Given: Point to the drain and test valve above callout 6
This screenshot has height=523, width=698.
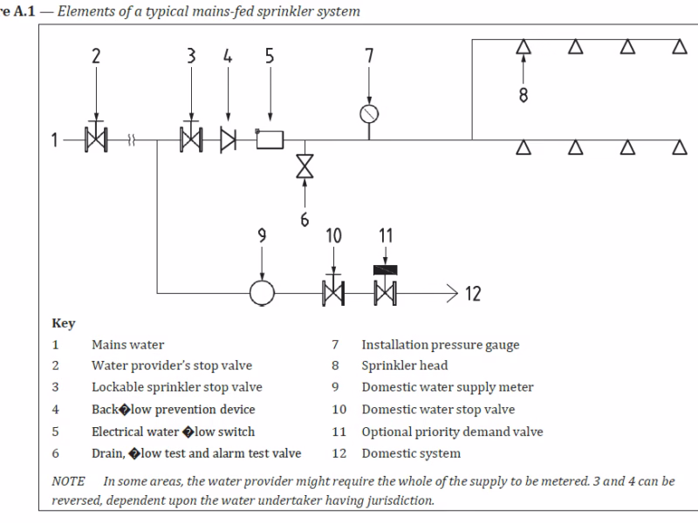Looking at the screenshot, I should click(x=305, y=166).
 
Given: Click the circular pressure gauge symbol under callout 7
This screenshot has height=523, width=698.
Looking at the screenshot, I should click(x=369, y=113).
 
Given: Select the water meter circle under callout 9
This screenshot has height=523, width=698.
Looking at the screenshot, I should click(x=262, y=292).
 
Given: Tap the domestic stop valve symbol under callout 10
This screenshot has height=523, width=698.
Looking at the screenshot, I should click(x=333, y=292).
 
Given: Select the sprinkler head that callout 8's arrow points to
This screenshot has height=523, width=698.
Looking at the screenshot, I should click(x=523, y=48).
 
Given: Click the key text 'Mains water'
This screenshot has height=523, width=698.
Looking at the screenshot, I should click(x=127, y=344).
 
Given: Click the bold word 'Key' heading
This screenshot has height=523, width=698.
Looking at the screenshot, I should click(x=64, y=323).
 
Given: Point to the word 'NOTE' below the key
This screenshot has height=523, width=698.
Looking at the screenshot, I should click(x=68, y=481).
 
